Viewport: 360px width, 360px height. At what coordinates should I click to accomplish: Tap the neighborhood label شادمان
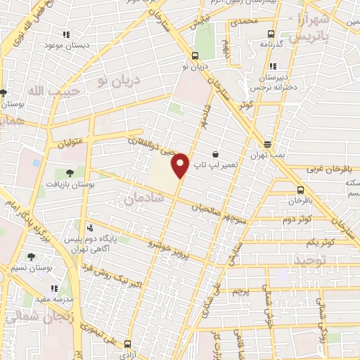point(143,200)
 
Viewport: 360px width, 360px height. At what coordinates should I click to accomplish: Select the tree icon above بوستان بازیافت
point(69,172)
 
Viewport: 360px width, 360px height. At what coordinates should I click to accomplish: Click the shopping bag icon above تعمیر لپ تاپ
point(214,154)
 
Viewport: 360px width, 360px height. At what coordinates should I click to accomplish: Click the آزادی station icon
point(127,345)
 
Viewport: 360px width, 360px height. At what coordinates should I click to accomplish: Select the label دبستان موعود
point(65,44)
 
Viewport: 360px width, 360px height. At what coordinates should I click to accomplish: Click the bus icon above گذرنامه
point(271,33)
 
